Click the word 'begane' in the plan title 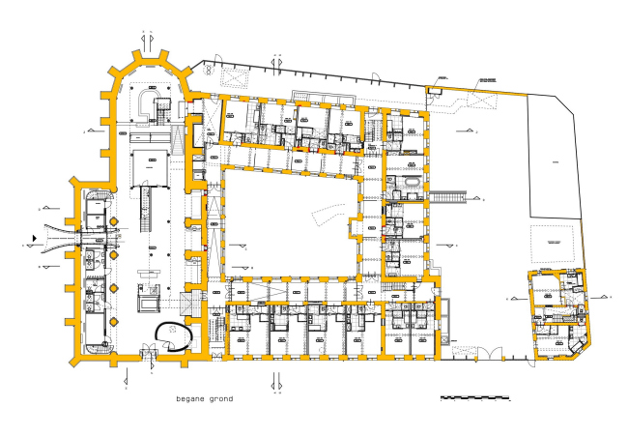pos(190,398)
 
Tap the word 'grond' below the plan pos(219,398)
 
